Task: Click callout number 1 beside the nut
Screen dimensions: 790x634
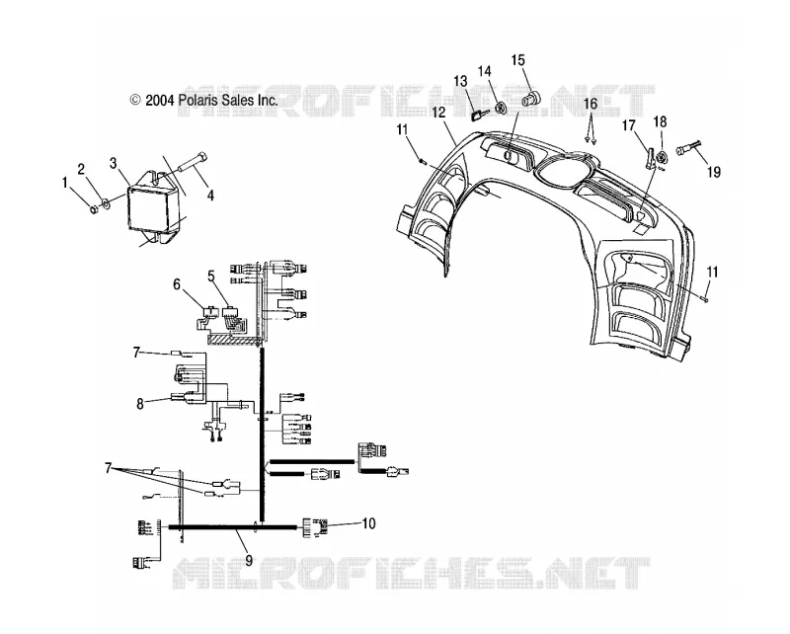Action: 64,182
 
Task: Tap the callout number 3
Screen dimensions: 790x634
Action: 114,163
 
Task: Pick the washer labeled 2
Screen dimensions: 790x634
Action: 107,203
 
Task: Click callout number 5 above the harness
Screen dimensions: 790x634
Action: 211,276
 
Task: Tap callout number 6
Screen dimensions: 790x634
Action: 177,284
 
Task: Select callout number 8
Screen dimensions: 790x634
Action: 140,403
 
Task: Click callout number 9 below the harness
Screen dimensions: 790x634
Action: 249,560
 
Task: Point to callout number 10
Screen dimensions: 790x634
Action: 368,523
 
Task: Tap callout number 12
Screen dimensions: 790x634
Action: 438,112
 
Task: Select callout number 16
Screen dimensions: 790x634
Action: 591,104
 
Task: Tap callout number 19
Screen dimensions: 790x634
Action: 714,172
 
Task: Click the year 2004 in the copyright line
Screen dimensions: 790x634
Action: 160,101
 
